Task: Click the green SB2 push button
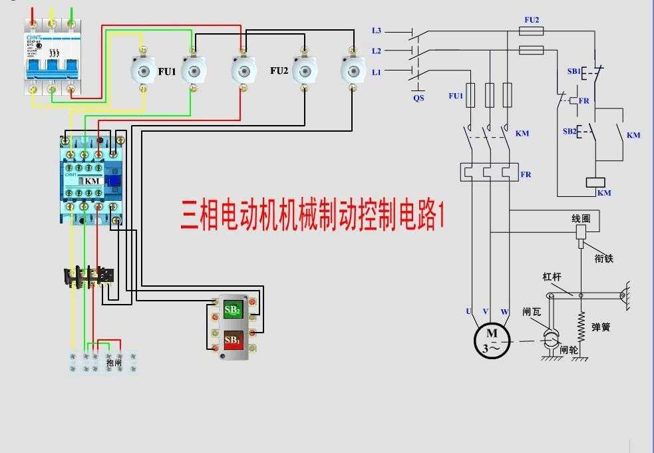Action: click(x=232, y=309)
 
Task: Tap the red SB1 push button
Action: click(x=232, y=340)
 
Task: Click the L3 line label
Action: click(x=377, y=31)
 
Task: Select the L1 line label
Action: click(x=377, y=71)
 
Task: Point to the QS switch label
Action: click(x=418, y=98)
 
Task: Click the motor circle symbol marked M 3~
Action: click(x=492, y=340)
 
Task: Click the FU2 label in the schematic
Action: click(x=532, y=20)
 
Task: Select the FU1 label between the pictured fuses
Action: click(x=166, y=71)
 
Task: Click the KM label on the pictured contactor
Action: click(x=92, y=181)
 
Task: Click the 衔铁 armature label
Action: click(x=603, y=259)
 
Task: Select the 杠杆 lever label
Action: click(x=553, y=277)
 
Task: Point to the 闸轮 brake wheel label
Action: click(x=569, y=349)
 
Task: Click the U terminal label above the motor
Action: click(x=469, y=311)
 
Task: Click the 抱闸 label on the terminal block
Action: click(x=114, y=363)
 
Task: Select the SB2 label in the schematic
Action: click(x=570, y=131)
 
